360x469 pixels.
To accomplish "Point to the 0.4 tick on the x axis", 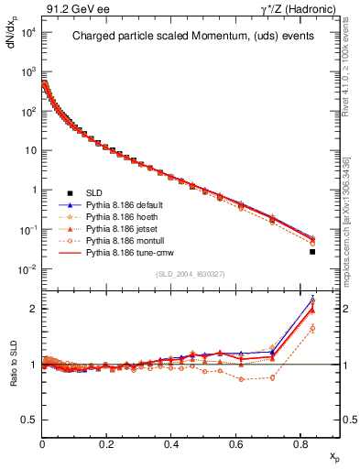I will coord(171,443).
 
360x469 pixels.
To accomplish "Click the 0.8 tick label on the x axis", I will coord(300,443).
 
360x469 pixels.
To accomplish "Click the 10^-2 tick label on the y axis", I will coord(26,268).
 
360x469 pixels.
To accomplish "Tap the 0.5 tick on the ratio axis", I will coord(28,420).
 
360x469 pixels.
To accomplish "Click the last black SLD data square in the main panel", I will coord(312,252).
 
